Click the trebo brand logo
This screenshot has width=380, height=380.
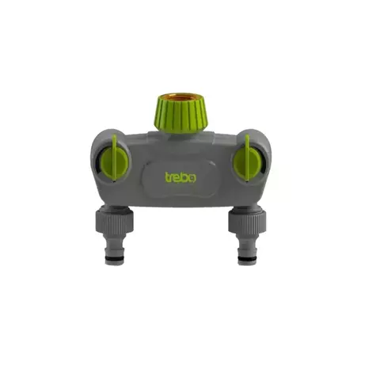coord(180,177)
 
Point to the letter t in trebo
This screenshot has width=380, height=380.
coord(167,177)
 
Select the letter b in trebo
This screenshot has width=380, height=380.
coord(185,177)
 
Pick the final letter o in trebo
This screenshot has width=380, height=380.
coord(192,178)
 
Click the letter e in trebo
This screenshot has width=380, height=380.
coord(177,178)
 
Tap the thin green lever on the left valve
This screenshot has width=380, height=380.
coord(114,158)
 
